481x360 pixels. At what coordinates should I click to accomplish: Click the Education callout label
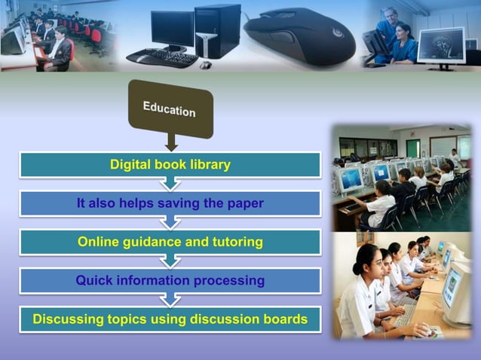(170, 108)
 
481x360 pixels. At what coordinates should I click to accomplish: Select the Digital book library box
(170, 164)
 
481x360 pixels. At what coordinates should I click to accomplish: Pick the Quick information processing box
(170, 281)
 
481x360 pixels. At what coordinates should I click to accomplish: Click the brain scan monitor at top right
(441, 45)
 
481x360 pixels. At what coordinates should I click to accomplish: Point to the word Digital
(130, 164)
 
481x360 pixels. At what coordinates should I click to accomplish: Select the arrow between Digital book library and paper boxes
(170, 184)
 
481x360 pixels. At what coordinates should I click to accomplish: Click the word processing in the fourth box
(227, 281)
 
